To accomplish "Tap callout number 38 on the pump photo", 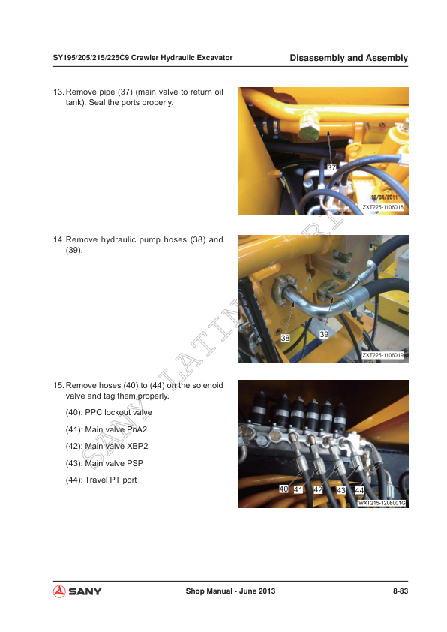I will pyautogui.click(x=285, y=339).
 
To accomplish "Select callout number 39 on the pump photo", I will pyautogui.click(x=324, y=334).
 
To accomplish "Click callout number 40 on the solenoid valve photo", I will pyautogui.click(x=283, y=489).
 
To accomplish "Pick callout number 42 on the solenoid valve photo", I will pyautogui.click(x=318, y=489).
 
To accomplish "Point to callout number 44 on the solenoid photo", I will pyautogui.click(x=359, y=490).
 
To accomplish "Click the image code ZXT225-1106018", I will pyautogui.click(x=383, y=207).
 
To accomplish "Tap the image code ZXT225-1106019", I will pyautogui.click(x=383, y=354).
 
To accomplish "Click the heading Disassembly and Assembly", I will pyautogui.click(x=348, y=58).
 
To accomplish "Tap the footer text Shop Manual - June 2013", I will pyautogui.click(x=230, y=591).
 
